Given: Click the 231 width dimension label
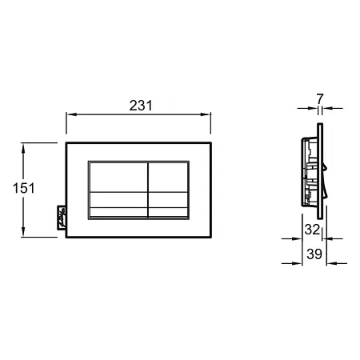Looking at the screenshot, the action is tap(141, 106).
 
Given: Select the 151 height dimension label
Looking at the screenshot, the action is tap(24, 188).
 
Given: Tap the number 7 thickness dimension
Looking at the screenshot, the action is tap(320, 98).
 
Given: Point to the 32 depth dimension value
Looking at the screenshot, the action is tap(312, 230).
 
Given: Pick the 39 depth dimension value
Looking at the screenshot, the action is tap(314, 254).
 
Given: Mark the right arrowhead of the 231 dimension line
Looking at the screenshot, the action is tap(206, 114).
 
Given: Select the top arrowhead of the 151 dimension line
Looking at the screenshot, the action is tap(23, 148).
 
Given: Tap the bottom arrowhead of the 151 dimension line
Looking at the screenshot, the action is tap(23, 231).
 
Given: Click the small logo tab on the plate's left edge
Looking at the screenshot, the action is tap(62, 217).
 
